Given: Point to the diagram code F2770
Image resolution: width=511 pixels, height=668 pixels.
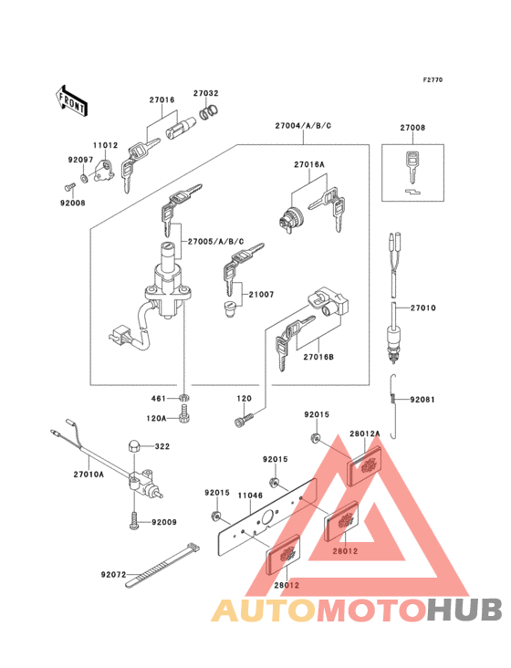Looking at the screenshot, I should [x=432, y=80].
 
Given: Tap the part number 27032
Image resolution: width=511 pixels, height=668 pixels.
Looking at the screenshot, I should [x=205, y=93].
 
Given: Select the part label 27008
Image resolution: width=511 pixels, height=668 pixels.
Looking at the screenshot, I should [x=412, y=128].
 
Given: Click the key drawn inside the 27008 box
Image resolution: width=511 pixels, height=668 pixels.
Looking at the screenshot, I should [x=412, y=164].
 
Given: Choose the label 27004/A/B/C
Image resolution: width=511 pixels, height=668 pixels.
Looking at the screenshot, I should [x=300, y=127].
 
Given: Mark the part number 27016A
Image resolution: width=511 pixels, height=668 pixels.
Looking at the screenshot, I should [x=309, y=164].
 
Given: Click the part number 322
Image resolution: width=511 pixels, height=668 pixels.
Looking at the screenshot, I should [x=162, y=446].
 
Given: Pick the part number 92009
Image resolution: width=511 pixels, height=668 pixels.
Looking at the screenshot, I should [x=163, y=523].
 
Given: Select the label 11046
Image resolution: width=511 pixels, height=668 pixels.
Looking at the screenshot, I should [x=251, y=496].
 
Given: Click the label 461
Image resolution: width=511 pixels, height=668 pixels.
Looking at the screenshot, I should [x=157, y=399].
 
